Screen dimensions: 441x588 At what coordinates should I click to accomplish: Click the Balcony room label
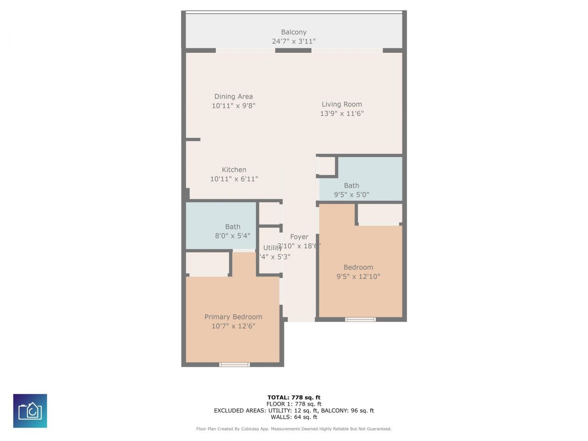coord(294,32)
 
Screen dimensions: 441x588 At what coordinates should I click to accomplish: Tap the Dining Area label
coord(233,96)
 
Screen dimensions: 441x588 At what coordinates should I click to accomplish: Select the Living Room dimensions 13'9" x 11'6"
coord(342,113)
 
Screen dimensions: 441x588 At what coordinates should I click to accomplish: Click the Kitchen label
coord(234,170)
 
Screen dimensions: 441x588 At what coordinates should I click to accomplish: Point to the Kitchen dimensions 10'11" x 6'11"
coord(234,179)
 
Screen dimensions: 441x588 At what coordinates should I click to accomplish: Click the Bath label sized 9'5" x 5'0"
coord(351,186)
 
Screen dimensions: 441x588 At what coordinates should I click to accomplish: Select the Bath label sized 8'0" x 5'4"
coord(232,227)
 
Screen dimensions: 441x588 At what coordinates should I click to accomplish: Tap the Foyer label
coord(299,237)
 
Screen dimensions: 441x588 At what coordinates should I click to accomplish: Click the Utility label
coord(272,248)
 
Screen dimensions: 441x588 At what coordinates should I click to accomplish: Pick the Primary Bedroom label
coord(233,317)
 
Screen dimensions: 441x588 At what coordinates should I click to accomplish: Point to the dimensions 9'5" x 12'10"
coord(358,277)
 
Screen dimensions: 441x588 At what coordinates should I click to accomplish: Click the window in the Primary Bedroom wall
coord(234,365)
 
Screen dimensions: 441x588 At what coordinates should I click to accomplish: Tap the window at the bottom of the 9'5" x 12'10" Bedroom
coord(360,319)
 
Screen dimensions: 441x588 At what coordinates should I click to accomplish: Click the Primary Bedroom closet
coord(208,264)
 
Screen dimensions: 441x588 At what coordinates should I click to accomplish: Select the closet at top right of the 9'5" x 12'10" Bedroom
coord(379,214)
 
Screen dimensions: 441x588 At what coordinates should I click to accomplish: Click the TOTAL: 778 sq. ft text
coord(294,398)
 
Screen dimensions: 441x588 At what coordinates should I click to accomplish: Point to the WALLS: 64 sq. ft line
coord(294,417)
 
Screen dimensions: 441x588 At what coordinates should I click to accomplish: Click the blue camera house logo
coord(30,411)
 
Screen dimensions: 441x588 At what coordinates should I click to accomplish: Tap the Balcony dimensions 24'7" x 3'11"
coord(294,41)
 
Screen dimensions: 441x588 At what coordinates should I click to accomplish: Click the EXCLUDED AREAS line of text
coord(294,411)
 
